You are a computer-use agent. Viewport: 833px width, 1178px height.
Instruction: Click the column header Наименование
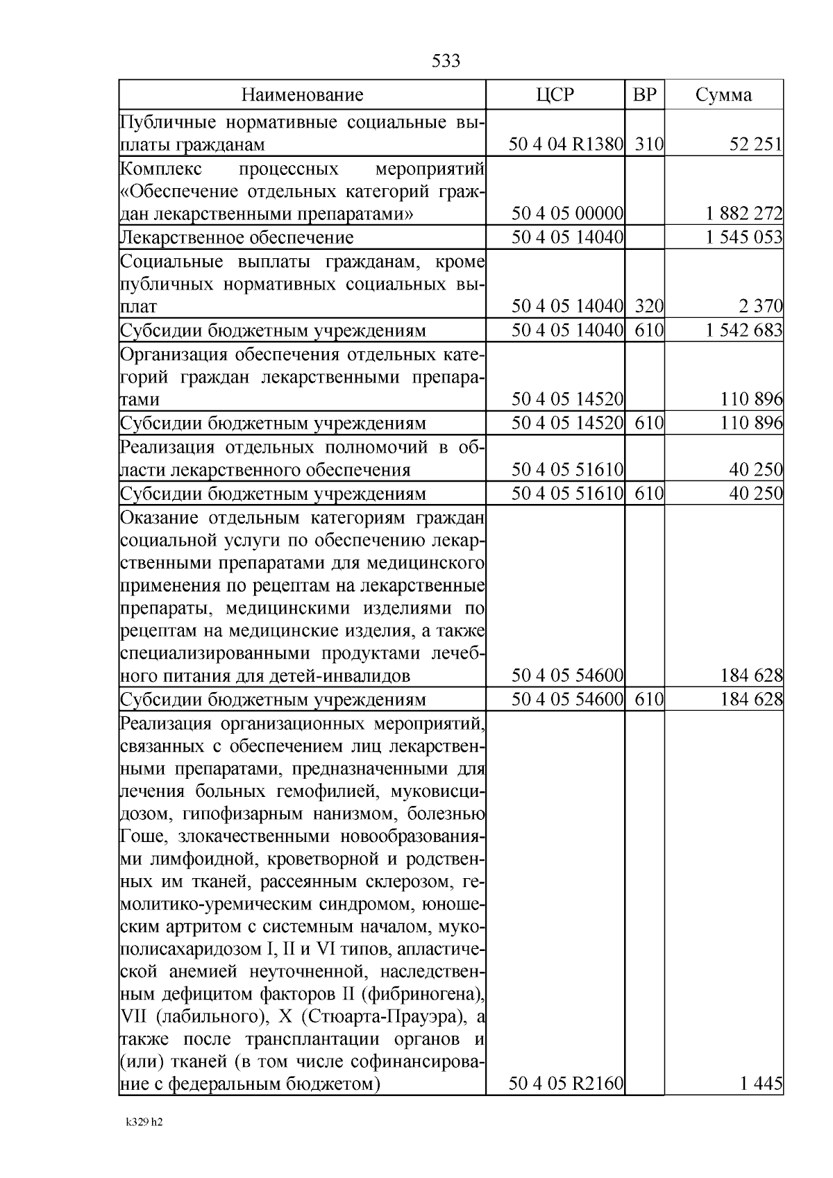click(302, 95)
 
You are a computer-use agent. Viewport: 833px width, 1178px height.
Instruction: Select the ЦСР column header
click(555, 95)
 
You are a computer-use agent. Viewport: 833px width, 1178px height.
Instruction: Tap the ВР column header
click(644, 95)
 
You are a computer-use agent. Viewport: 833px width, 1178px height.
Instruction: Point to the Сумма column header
click(723, 95)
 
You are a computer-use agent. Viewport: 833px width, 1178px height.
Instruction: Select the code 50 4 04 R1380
click(566, 144)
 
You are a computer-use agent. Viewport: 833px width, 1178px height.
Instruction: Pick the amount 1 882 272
click(743, 214)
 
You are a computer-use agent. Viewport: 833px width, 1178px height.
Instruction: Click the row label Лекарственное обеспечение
click(237, 238)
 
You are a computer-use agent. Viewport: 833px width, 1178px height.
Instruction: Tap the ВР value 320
click(649, 306)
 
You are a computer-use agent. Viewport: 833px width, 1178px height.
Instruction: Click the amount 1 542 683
click(743, 330)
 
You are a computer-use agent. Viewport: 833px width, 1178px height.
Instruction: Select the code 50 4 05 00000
click(567, 214)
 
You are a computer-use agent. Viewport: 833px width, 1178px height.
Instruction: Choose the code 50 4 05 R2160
click(566, 1083)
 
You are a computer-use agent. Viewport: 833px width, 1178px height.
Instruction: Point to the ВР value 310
click(649, 144)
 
